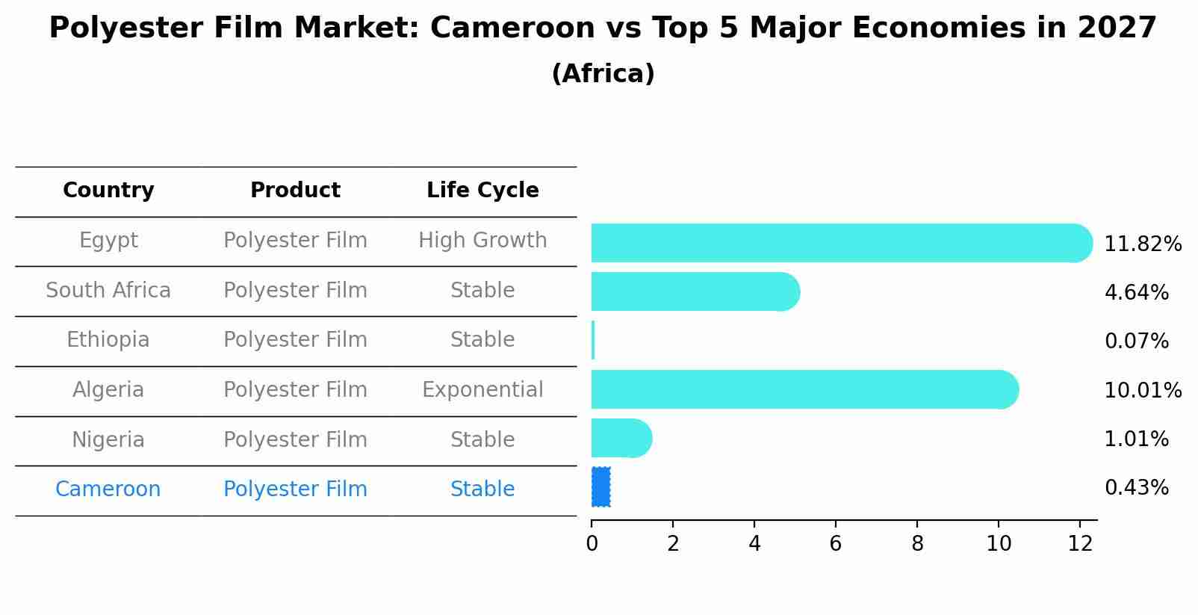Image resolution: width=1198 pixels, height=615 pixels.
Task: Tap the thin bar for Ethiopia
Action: click(593, 340)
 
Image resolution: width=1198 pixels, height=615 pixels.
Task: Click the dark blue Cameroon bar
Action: click(601, 486)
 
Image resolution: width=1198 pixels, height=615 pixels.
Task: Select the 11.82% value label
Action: click(1142, 244)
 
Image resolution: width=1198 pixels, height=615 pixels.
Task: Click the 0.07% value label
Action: click(1136, 342)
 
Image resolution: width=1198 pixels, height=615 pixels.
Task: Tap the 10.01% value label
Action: click(1142, 391)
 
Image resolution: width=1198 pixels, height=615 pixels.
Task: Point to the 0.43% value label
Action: click(1136, 488)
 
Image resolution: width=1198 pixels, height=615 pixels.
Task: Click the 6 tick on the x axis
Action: click(836, 544)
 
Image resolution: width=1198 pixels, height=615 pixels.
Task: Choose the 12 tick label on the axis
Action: click(1080, 544)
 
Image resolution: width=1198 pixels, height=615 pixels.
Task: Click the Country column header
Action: click(108, 191)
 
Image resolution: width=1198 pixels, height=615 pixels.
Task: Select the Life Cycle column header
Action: click(482, 191)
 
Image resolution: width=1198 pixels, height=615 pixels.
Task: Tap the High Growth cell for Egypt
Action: click(482, 241)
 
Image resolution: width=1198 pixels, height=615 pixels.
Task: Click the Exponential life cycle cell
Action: click(482, 390)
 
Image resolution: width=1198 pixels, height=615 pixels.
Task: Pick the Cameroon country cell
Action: click(108, 489)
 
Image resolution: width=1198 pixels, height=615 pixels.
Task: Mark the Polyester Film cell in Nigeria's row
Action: click(295, 440)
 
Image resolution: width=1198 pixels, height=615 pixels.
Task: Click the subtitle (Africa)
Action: click(603, 74)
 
